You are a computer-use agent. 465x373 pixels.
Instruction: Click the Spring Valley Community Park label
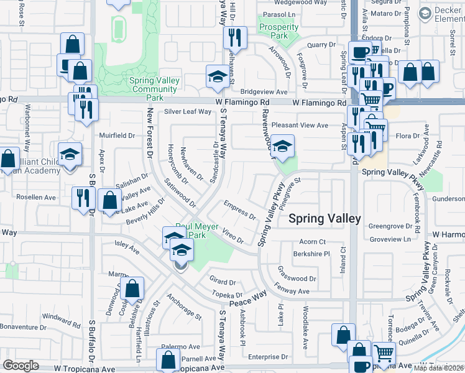point(155,89)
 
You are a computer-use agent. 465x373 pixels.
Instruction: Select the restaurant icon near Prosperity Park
point(235,39)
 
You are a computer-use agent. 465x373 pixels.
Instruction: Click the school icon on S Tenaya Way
point(217,77)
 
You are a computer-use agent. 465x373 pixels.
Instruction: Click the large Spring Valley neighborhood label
point(325,219)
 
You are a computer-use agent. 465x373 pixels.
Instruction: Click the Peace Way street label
point(247,298)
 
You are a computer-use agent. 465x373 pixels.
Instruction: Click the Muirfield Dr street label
point(117,135)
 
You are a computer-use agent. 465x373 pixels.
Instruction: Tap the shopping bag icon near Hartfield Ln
point(132,289)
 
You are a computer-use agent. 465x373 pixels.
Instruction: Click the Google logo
point(21,366)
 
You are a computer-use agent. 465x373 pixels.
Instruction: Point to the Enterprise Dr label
point(264,357)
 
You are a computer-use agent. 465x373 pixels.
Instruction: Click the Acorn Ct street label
point(313,242)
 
